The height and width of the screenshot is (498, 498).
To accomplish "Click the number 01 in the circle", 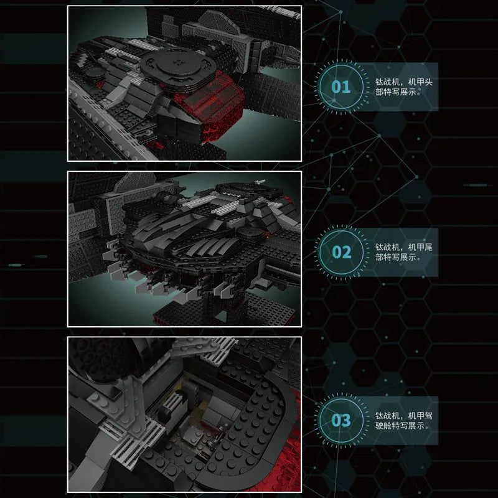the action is (x=341, y=87).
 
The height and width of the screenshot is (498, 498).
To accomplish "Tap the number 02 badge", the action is (x=341, y=252).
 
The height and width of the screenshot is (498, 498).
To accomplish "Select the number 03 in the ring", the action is (x=341, y=420).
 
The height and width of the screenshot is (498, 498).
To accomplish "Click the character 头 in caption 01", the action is (x=428, y=82).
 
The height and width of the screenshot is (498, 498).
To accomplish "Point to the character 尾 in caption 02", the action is (x=428, y=247).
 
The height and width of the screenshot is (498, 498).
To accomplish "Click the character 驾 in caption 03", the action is (x=428, y=415).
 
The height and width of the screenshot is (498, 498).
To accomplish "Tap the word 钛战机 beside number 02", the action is (x=387, y=247).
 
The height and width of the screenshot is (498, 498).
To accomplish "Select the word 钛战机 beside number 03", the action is (x=387, y=415).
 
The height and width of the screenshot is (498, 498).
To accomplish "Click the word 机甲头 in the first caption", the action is (x=420, y=82).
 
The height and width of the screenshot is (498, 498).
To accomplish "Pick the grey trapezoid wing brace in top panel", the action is (x=219, y=22).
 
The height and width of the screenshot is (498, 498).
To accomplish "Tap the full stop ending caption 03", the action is (x=428, y=428).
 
